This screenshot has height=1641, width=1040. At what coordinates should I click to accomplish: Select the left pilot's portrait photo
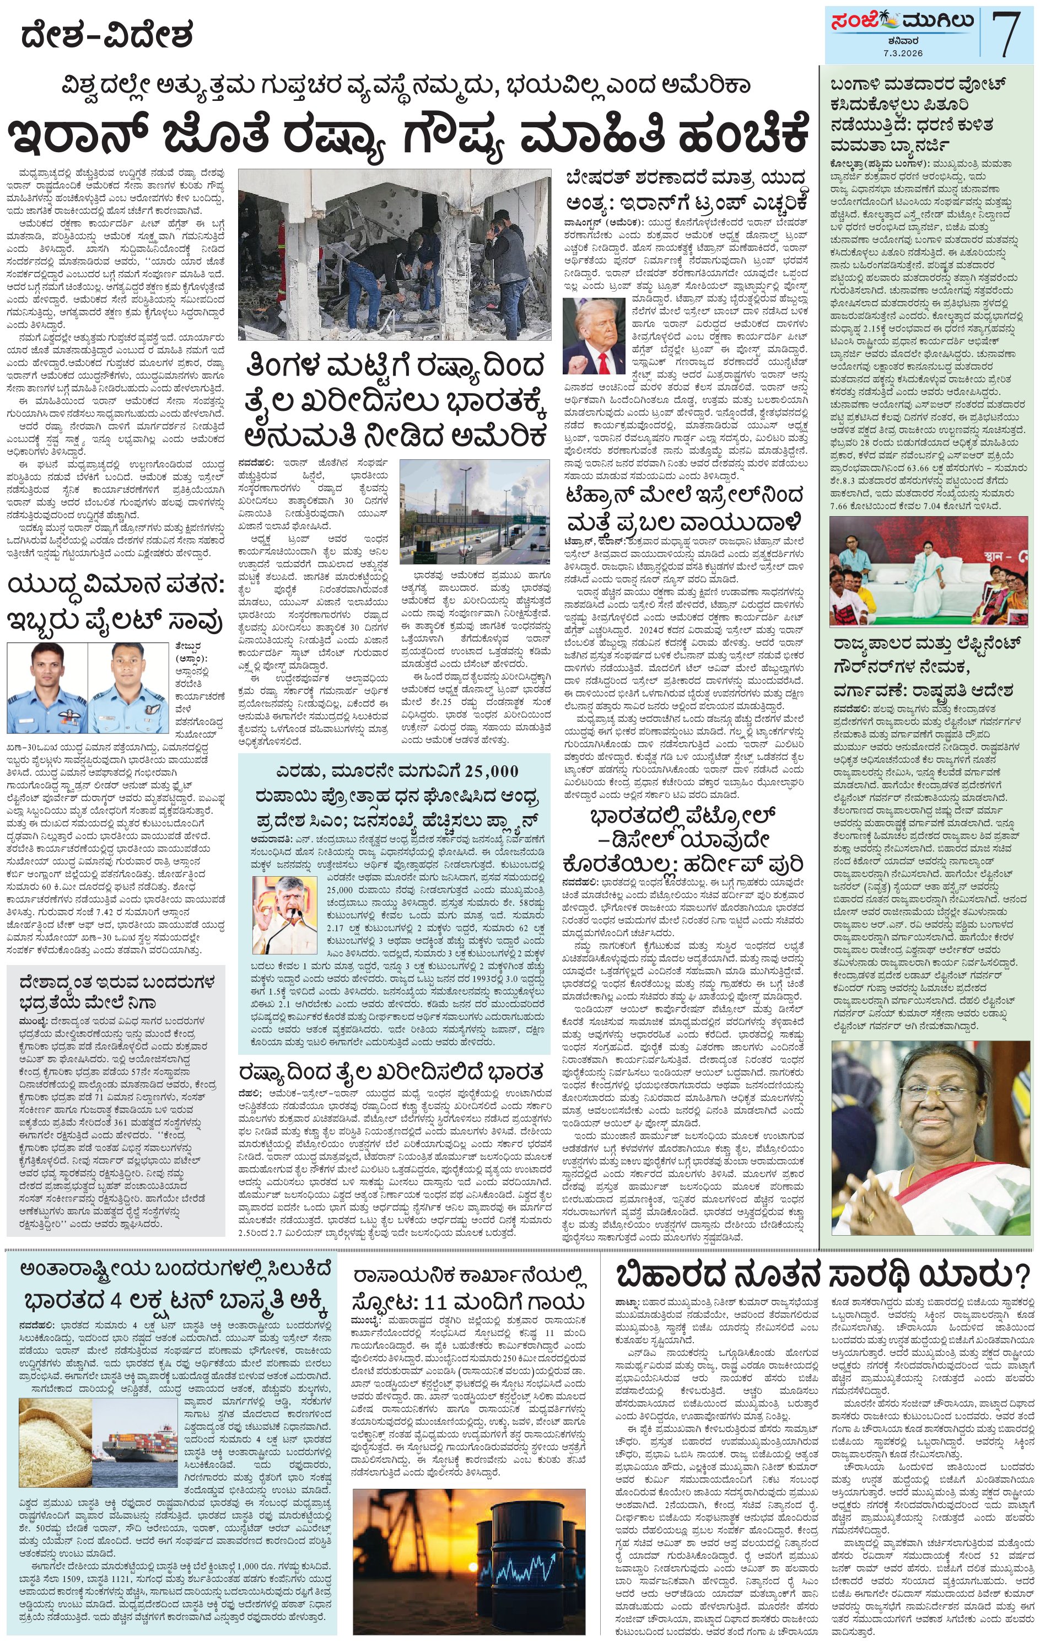pyautogui.click(x=47, y=688)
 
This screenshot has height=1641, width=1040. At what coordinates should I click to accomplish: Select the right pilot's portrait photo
pyautogui.click(x=130, y=688)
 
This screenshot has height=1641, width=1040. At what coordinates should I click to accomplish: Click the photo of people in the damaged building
pyautogui.click(x=395, y=254)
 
